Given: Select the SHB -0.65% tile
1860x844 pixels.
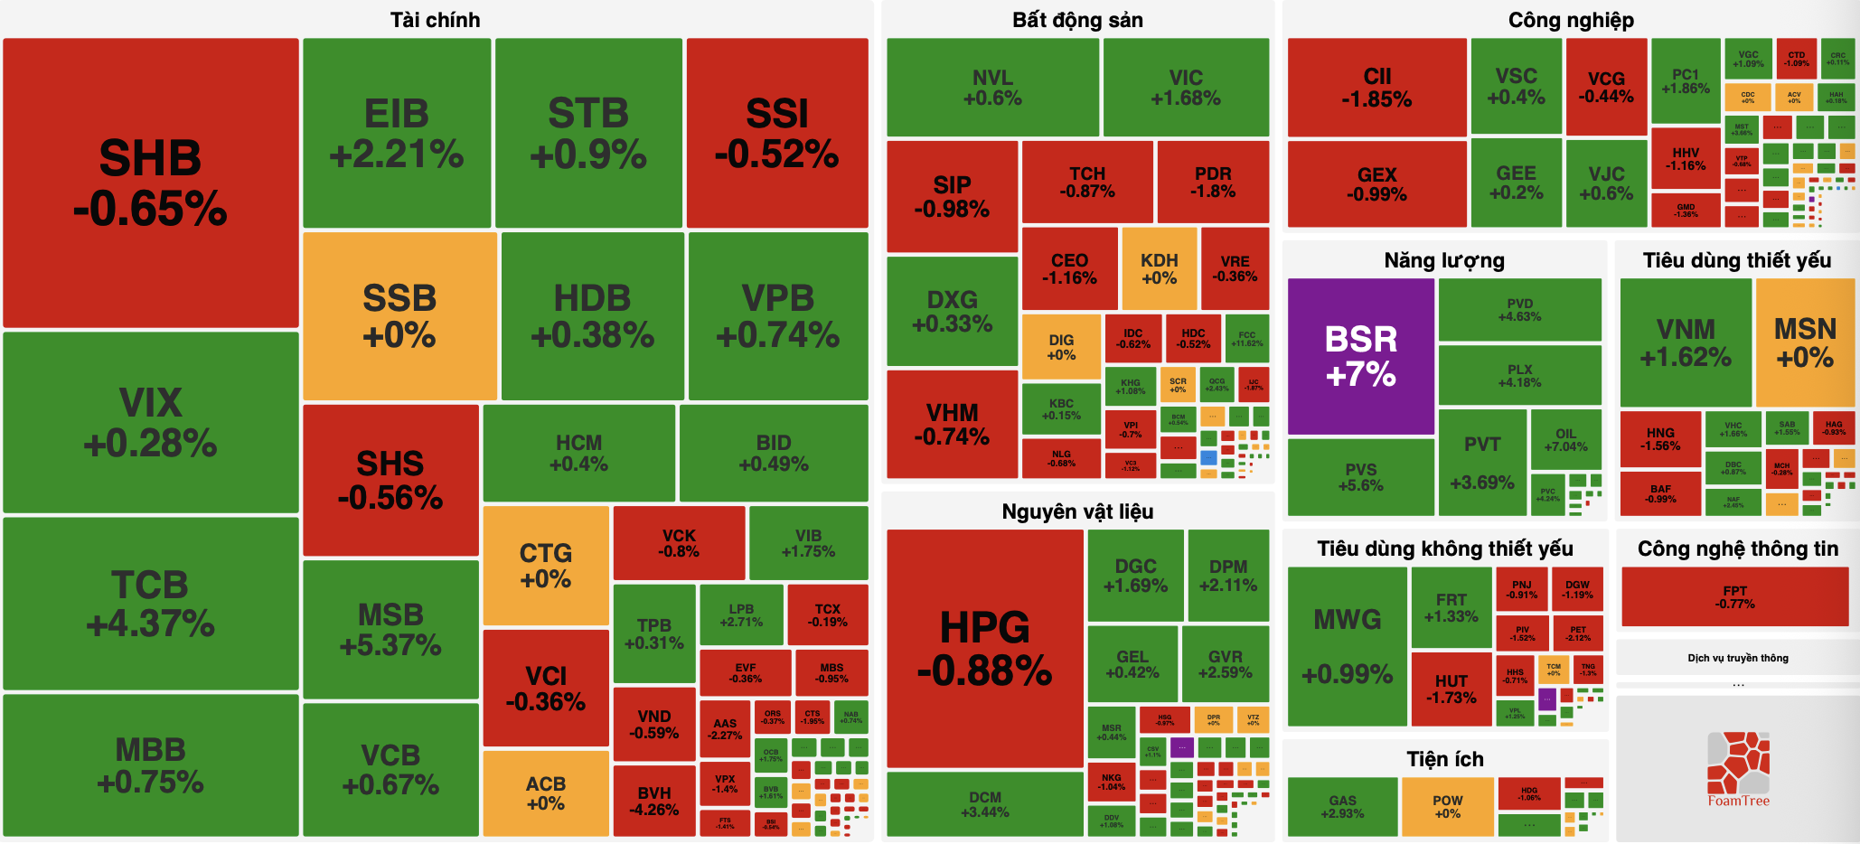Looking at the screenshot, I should tap(150, 183).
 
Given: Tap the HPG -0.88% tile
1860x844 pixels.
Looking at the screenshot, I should tap(984, 648).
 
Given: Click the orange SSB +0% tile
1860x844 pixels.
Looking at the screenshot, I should tap(399, 315).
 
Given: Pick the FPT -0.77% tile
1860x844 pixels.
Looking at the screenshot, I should tap(1734, 596).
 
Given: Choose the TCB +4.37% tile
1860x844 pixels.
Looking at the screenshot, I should tap(150, 603).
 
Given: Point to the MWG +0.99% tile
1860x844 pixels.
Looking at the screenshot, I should tap(1347, 646).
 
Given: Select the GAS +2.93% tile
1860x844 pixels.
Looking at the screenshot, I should tap(1342, 806).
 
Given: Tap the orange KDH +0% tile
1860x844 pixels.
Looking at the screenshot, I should tap(1159, 268).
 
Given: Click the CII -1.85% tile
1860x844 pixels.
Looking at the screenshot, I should tap(1376, 88).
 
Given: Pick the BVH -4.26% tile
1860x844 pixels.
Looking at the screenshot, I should tap(653, 801).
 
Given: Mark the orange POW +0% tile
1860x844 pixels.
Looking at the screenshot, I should tap(1447, 806).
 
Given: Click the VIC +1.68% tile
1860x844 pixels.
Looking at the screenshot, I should tap(1186, 88).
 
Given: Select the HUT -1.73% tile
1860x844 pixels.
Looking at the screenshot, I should tap(1451, 689).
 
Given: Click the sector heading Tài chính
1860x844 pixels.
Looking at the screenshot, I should tap(435, 20).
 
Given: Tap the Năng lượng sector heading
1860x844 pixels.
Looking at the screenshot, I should tap(1444, 260).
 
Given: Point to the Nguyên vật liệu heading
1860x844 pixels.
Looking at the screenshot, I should tap(1077, 511).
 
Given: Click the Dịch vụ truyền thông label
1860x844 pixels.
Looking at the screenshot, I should tap(1737, 658).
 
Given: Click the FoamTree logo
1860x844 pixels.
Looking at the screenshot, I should tap(1738, 769).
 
